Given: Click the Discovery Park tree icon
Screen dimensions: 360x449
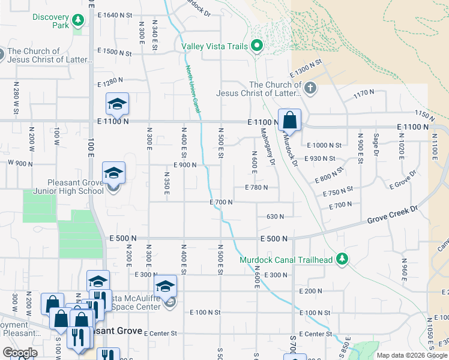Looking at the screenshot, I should [77, 22].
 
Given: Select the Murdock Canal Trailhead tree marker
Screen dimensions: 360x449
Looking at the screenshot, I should [342, 260].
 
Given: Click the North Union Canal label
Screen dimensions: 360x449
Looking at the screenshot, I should [192, 88].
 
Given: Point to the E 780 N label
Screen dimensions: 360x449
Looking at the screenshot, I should [256, 188].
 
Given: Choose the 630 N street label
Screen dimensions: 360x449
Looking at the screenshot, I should [274, 216].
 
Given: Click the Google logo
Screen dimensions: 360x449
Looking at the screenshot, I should [19, 353].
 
